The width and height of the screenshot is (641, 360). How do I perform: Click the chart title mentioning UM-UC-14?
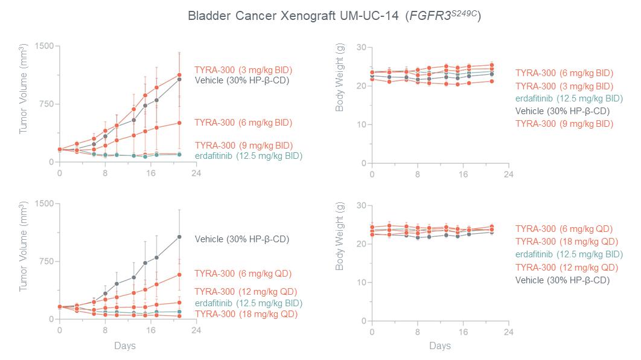click(334, 16)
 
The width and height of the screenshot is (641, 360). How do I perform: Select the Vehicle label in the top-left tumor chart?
click(242, 80)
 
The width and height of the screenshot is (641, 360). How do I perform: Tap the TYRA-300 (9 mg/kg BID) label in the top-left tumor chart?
click(243, 145)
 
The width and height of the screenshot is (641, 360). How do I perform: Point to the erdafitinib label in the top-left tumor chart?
click(248, 156)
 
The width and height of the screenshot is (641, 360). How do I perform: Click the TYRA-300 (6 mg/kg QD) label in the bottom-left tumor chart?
click(243, 273)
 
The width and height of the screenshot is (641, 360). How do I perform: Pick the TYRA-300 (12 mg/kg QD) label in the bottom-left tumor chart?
click(245, 292)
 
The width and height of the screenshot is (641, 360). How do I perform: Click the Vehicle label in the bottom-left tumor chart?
click(242, 239)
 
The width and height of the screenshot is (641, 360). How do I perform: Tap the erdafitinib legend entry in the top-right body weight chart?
click(569, 98)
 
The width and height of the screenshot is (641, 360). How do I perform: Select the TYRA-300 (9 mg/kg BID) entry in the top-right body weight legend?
click(564, 123)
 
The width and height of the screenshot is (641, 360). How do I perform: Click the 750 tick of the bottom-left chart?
click(47, 261)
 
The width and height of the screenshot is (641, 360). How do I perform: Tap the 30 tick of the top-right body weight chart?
click(361, 47)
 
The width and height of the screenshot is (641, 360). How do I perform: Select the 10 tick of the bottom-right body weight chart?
click(361, 282)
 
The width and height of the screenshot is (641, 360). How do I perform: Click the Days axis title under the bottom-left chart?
click(125, 346)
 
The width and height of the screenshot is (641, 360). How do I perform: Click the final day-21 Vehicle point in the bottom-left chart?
click(179, 237)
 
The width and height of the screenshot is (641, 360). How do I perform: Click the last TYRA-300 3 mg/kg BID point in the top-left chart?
click(179, 75)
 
